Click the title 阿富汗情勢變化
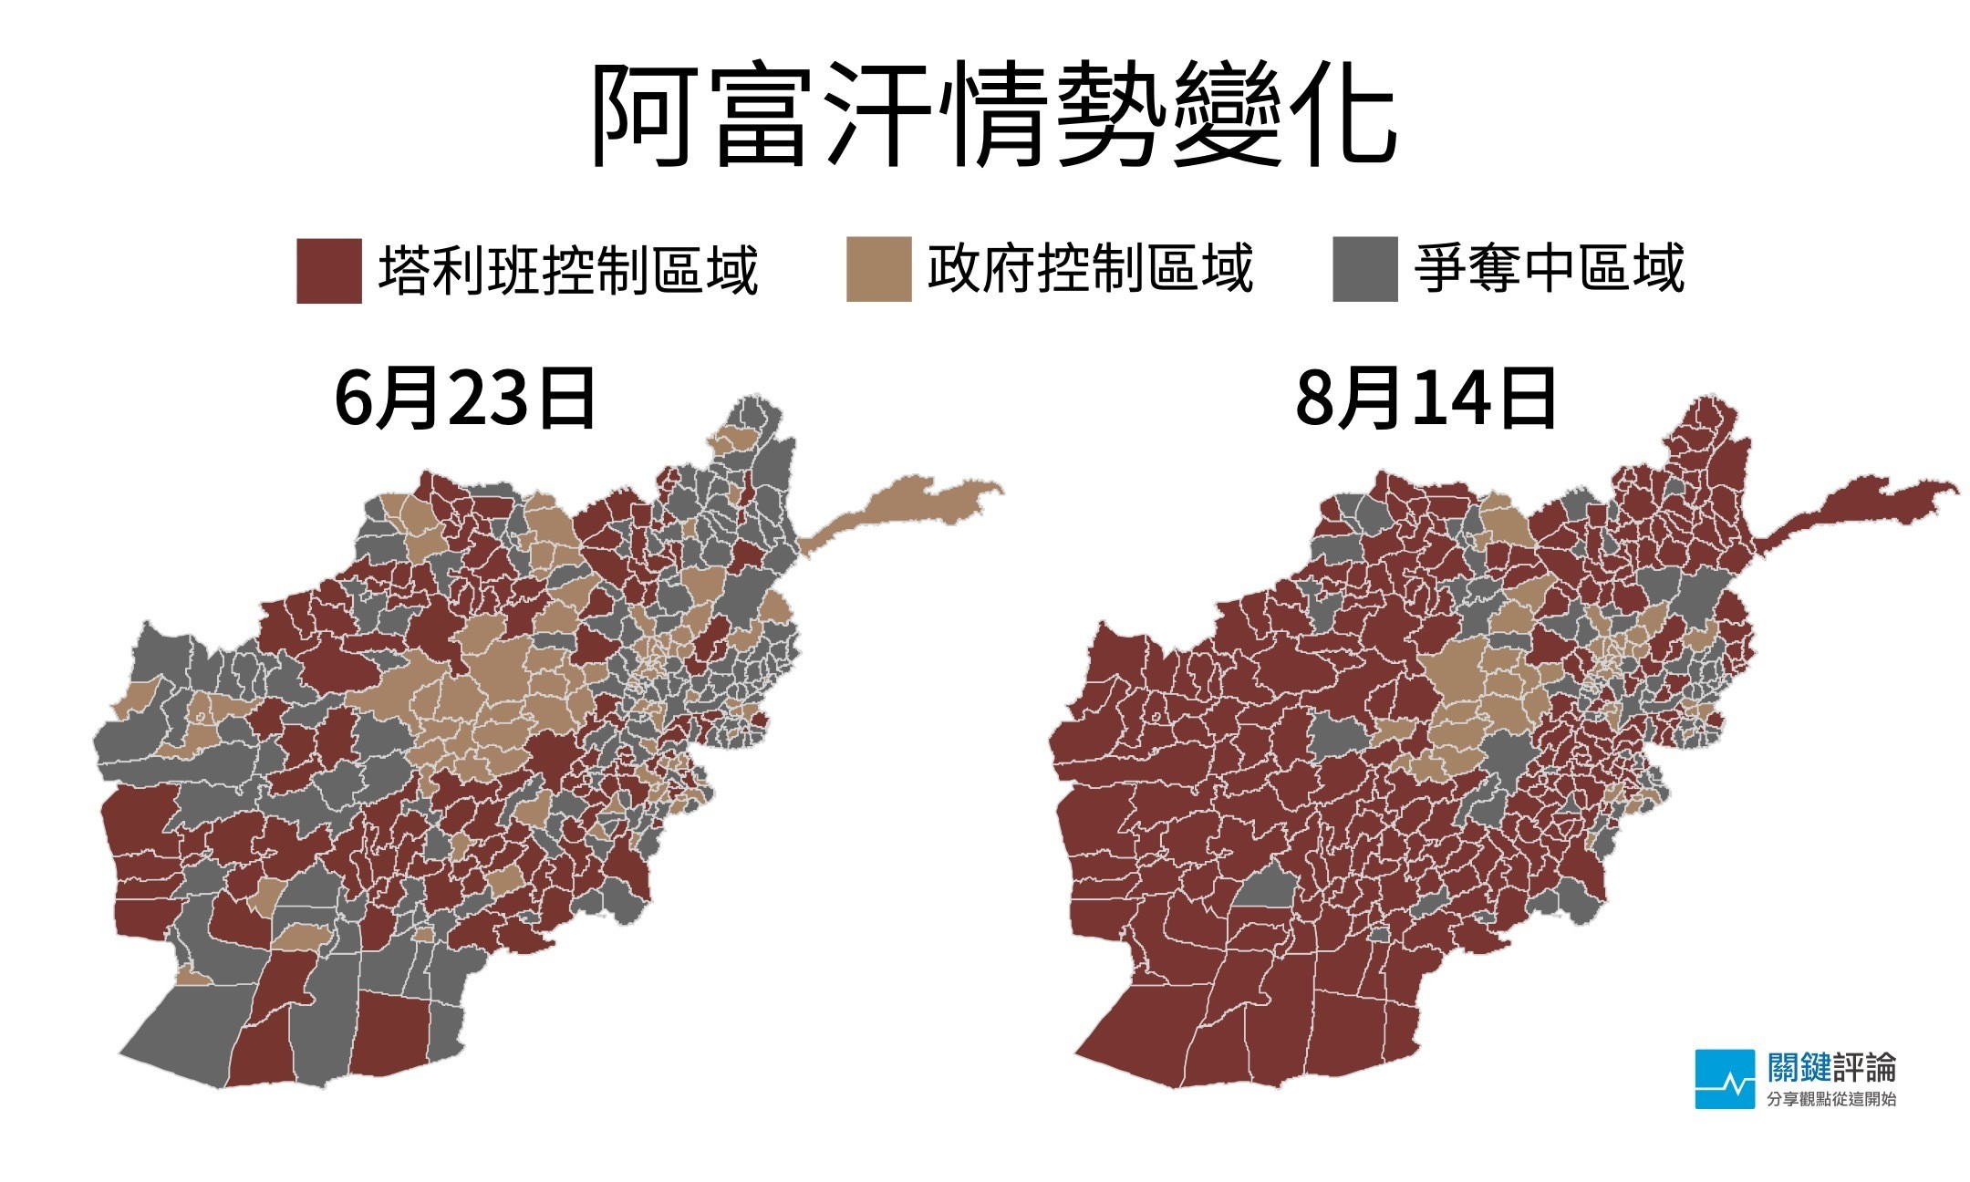tap(992, 117)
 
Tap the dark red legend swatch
tap(328, 271)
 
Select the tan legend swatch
tap(878, 269)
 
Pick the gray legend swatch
tap(1364, 269)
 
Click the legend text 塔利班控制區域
tap(567, 270)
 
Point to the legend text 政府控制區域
tap(1090, 268)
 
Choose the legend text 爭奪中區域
tap(1548, 268)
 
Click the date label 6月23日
tap(465, 399)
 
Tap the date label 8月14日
tap(1426, 399)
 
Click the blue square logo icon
tap(1725, 1079)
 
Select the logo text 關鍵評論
tap(1831, 1066)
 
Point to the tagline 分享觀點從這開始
tap(1831, 1099)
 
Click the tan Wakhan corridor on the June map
tap(903, 511)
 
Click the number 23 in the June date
tap(488, 399)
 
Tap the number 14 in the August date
tap(1450, 399)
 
